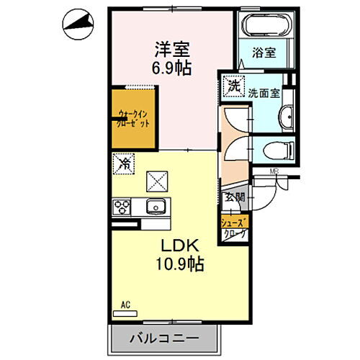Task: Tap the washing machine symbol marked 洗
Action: pyautogui.click(x=233, y=86)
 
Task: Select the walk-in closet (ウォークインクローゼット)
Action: pyautogui.click(x=132, y=118)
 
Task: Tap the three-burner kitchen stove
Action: pyautogui.click(x=120, y=207)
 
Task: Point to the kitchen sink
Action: pyautogui.click(x=156, y=207)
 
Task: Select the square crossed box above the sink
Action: pyautogui.click(x=156, y=180)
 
